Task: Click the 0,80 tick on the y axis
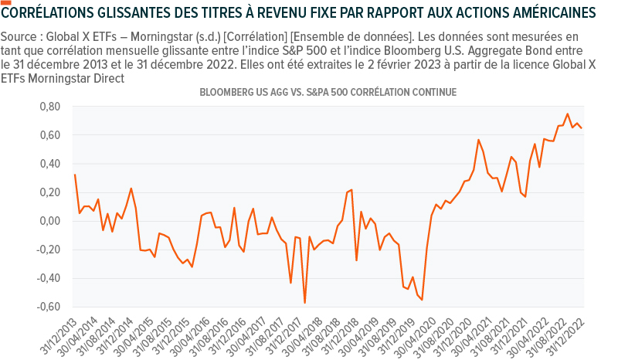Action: [50, 107]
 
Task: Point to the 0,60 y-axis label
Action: [50, 135]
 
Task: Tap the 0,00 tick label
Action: [50, 221]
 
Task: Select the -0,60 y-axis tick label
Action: [48, 307]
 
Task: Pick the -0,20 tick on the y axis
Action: [48, 250]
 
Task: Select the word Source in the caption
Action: [20, 37]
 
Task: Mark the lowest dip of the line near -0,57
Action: [304, 303]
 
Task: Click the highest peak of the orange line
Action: [568, 114]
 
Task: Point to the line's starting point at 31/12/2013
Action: [74, 175]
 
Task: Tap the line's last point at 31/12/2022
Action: [582, 128]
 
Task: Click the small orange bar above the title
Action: [6, 2]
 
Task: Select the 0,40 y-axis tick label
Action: [50, 164]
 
